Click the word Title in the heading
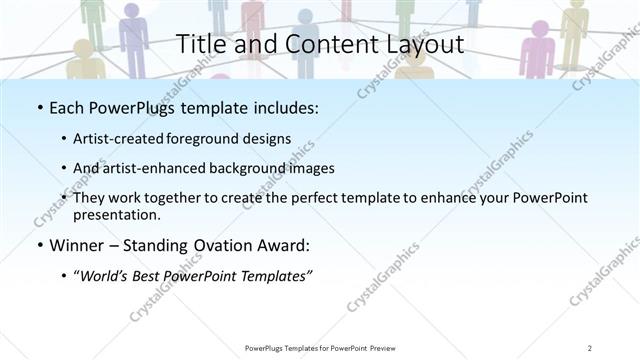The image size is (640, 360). click(200, 44)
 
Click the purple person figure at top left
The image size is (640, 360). click(133, 35)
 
